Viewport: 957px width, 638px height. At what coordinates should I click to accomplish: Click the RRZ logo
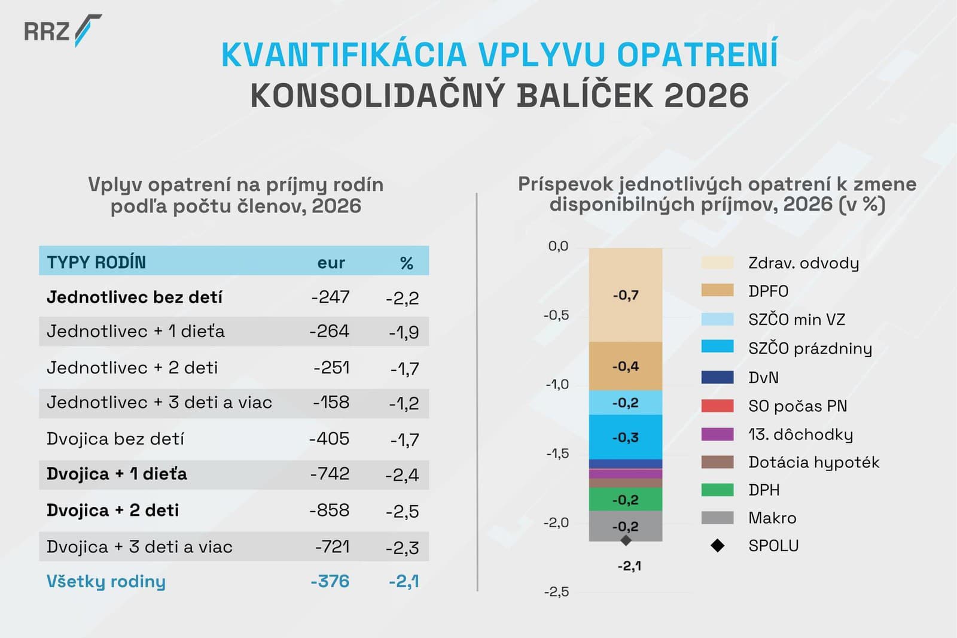[x=62, y=30]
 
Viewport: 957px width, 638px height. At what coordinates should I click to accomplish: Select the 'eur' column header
[x=331, y=263]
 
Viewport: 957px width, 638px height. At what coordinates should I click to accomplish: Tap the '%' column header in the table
[x=407, y=263]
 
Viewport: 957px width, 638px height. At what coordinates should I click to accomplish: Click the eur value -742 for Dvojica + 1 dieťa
[x=330, y=474]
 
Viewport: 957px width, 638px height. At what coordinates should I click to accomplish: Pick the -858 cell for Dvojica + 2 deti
[x=330, y=511]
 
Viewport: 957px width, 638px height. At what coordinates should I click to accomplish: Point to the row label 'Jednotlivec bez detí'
[x=135, y=297]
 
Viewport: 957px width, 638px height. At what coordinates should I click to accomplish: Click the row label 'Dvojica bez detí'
[x=115, y=439]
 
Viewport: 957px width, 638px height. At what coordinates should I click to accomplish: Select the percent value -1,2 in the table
[x=404, y=403]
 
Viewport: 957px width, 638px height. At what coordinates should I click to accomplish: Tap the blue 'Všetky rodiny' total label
[x=106, y=582]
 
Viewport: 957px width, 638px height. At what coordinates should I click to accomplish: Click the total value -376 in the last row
[x=330, y=582]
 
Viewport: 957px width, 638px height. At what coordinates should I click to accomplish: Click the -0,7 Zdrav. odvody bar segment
[x=626, y=295]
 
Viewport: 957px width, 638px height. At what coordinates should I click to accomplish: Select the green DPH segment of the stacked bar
[x=626, y=499]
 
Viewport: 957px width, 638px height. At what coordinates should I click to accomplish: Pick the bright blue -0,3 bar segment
[x=626, y=437]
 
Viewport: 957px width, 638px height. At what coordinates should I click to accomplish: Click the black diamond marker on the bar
[x=626, y=540]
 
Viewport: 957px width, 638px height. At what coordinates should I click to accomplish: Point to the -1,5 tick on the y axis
[x=557, y=454]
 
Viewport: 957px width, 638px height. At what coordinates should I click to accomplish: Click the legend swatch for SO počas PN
[x=717, y=406]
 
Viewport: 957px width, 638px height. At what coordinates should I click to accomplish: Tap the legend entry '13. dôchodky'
[x=800, y=434]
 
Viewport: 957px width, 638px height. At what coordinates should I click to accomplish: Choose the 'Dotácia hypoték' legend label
[x=813, y=462]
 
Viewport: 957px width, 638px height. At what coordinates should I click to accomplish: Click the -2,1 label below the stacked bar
[x=629, y=566]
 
